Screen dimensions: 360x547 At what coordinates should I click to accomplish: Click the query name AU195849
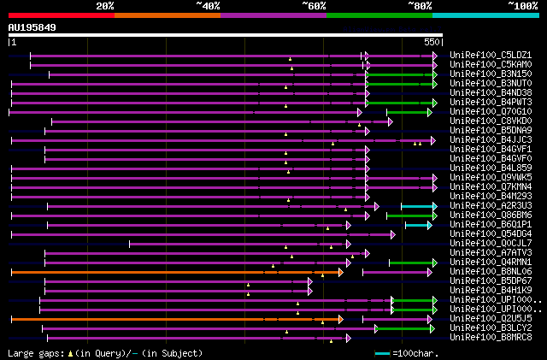coord(32,27)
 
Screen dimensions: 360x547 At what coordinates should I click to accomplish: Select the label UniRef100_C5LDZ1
coord(491,55)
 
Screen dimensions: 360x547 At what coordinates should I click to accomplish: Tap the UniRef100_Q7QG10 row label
coord(491,111)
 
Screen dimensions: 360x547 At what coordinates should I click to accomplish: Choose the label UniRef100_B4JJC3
coord(491,139)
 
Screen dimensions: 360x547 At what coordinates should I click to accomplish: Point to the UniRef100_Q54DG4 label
coord(491,233)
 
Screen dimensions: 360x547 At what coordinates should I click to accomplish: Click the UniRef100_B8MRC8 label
coord(491,337)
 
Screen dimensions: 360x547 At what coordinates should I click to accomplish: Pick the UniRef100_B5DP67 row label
coord(491,280)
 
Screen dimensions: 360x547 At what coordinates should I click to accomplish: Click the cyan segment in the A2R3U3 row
coord(419,206)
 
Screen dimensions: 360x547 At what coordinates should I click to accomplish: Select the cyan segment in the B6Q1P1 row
coord(418,225)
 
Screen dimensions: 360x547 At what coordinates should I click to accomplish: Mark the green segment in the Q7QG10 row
coord(409,112)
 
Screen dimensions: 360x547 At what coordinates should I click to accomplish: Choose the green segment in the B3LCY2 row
coord(405,328)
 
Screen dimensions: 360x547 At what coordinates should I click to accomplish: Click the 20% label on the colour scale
coord(105,6)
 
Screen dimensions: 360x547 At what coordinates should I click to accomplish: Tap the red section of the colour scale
coord(61,15)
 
